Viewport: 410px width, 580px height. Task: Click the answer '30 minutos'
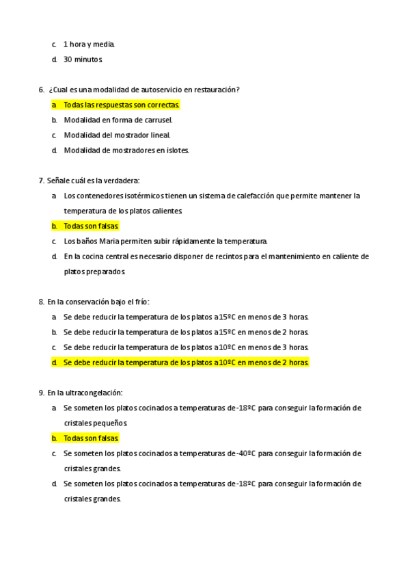pos(83,60)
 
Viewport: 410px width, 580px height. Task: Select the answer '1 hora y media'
pos(89,44)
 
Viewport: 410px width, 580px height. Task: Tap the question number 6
pos(42,90)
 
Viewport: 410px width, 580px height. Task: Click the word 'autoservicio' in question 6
pos(162,90)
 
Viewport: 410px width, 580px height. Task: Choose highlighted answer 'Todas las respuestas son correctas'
pos(121,105)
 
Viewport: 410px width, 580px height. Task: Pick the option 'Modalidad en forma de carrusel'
pos(118,120)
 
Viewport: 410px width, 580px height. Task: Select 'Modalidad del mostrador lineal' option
pos(117,135)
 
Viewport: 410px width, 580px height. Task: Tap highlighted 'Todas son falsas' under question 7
pos(91,226)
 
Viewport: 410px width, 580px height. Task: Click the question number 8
pos(42,302)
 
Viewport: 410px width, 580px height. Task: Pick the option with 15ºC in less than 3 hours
pos(186,317)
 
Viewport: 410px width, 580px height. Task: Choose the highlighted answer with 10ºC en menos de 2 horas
pos(186,362)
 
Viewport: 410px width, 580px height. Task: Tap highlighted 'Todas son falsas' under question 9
pos(91,438)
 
